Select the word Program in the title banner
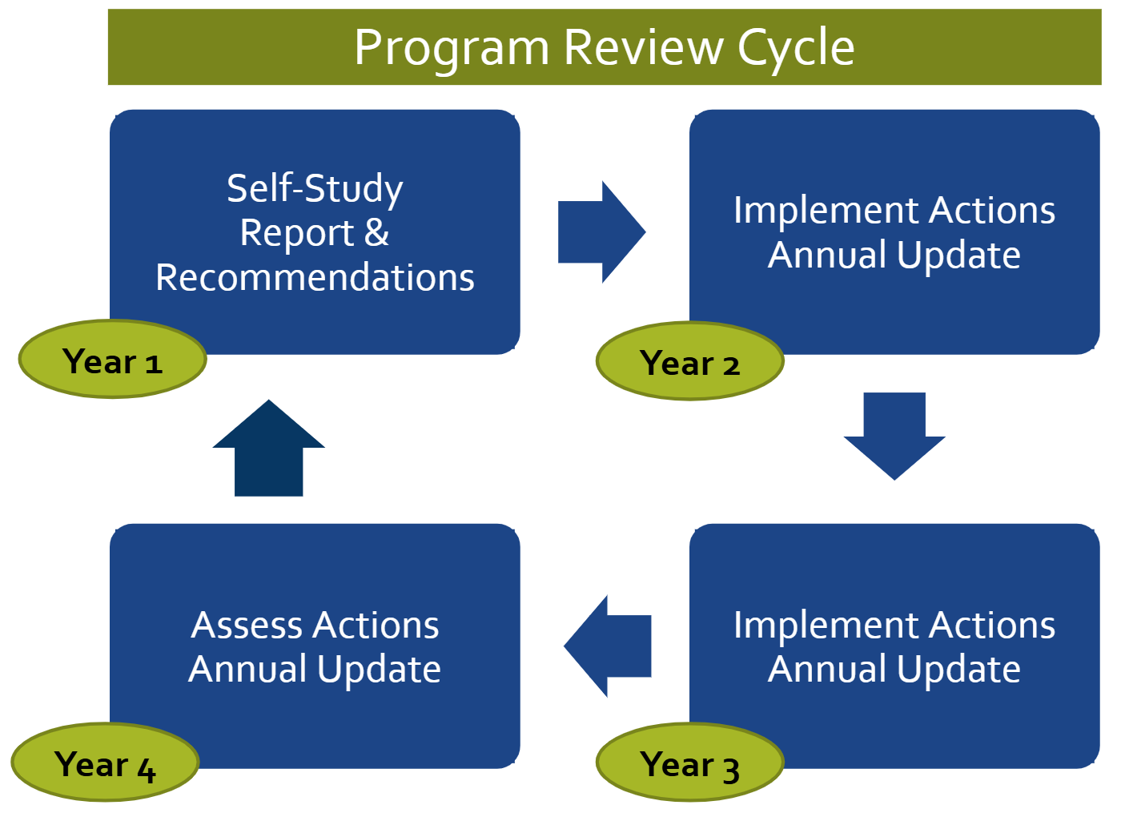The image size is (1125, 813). (x=452, y=48)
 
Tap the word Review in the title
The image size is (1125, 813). (x=643, y=48)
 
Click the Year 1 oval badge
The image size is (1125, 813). (x=113, y=360)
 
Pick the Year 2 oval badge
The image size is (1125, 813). (x=689, y=362)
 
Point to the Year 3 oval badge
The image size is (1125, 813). (x=689, y=764)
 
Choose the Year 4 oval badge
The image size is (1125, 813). (x=105, y=764)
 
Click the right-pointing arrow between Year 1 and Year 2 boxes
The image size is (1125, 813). (x=601, y=232)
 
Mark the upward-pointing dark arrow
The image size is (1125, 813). (x=269, y=449)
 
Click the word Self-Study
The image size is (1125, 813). (x=315, y=189)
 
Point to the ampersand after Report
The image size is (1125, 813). (x=376, y=233)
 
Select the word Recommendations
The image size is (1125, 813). (x=315, y=278)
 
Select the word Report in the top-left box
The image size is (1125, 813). (x=296, y=234)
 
